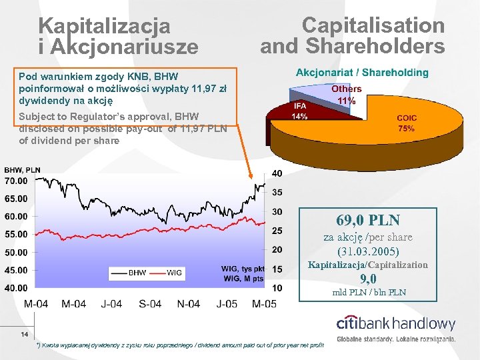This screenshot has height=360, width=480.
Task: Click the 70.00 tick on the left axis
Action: pos(16,181)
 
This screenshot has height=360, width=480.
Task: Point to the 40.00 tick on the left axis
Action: pos(16,288)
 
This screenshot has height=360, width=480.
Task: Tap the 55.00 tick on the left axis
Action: pos(16,235)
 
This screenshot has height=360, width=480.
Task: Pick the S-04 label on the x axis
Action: pos(150,304)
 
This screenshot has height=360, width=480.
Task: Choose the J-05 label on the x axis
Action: pos(227,304)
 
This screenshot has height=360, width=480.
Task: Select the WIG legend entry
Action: pos(174,273)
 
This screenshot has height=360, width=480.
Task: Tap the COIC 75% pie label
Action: pos(407,123)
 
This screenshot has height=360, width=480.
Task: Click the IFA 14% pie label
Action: pos(299,111)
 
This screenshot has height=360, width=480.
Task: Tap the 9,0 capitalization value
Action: pos(369,279)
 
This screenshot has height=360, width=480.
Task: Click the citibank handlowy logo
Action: pos(396,325)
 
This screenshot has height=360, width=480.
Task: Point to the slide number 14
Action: pos(24,334)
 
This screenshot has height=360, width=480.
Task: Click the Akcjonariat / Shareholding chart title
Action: pos(362,73)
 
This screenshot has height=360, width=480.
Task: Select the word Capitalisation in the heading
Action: pos(373,25)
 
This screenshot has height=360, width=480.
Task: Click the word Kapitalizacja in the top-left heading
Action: pos(104,26)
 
